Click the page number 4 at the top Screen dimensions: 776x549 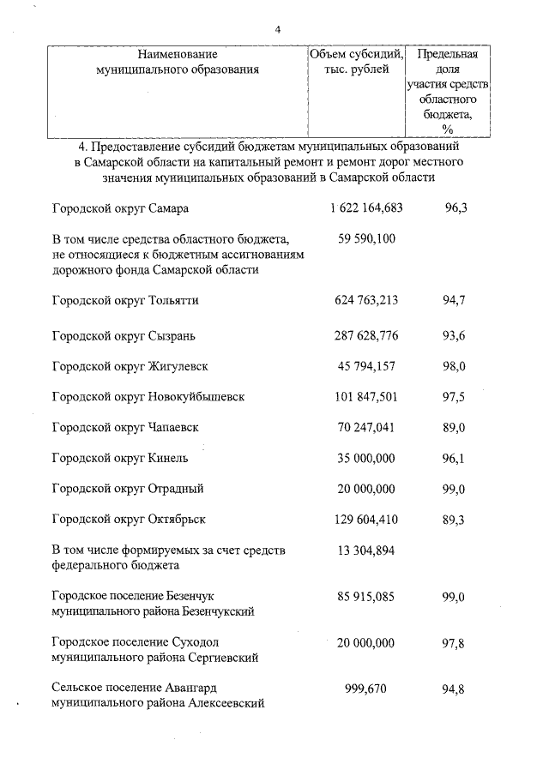pyautogui.click(x=277, y=30)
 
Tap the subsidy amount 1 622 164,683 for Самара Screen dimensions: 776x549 pyautogui.click(x=366, y=208)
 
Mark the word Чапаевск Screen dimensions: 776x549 pyautogui.click(x=180, y=427)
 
